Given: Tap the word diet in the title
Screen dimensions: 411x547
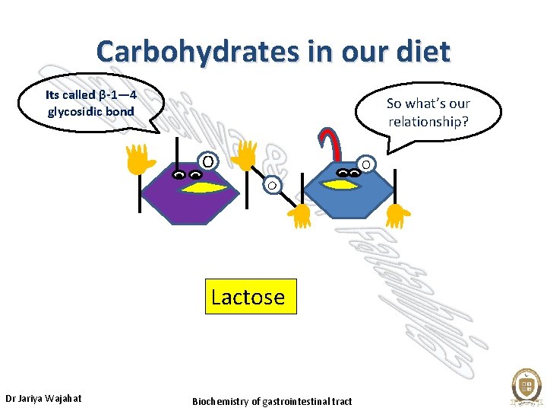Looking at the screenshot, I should [422, 52].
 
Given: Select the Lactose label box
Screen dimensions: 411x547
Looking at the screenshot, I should [248, 297].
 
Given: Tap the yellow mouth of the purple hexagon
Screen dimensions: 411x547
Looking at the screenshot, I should [201, 187].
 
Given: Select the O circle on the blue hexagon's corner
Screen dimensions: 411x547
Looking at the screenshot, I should [365, 164].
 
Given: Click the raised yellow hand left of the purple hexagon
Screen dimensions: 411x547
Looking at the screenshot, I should [139, 158].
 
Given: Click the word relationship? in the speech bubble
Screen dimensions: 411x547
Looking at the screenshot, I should [429, 122].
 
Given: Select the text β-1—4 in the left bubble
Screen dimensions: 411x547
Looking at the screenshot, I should [118, 95].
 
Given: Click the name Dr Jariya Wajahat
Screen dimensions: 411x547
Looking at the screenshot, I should [43, 398].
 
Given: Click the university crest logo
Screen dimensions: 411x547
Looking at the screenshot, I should [525, 386].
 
